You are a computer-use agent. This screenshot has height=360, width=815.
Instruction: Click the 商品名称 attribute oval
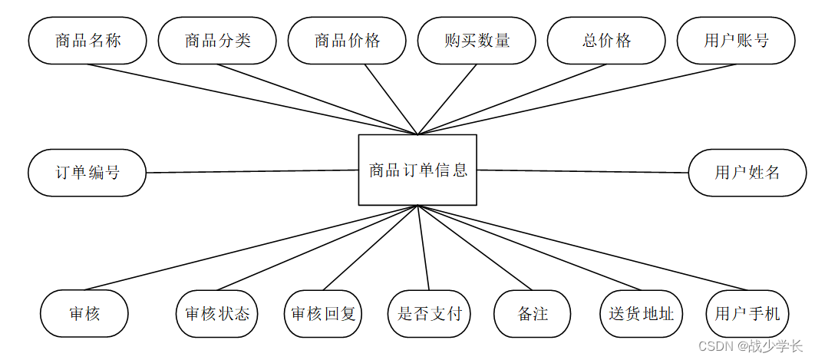pyautogui.click(x=87, y=41)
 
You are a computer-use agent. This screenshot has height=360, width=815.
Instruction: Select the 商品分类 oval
pyautogui.click(x=217, y=41)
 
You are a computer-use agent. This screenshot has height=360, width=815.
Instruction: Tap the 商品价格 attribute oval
pyautogui.click(x=347, y=41)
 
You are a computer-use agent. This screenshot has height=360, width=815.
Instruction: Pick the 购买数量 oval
pyautogui.click(x=477, y=41)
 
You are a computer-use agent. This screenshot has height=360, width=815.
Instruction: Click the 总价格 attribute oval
pyautogui.click(x=606, y=41)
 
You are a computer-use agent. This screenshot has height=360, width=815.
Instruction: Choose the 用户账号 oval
pyautogui.click(x=736, y=41)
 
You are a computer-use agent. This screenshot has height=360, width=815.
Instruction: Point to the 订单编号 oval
pyautogui.click(x=87, y=173)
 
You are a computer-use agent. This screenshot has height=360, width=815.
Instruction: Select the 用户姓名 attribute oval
pyautogui.click(x=747, y=173)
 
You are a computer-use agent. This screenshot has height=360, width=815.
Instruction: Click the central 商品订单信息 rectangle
pyautogui.click(x=417, y=170)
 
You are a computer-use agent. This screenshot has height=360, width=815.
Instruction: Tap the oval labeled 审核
pyautogui.click(x=84, y=314)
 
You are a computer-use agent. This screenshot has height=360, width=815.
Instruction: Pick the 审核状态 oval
pyautogui.click(x=217, y=314)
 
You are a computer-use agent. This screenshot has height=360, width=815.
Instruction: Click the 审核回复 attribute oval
pyautogui.click(x=323, y=314)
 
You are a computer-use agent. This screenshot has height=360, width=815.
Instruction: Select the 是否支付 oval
pyautogui.click(x=430, y=314)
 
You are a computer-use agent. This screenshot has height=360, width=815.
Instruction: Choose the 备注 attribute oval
pyautogui.click(x=533, y=314)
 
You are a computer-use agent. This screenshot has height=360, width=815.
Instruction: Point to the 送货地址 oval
pyautogui.click(x=641, y=314)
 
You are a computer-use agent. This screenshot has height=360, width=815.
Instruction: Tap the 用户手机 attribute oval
pyautogui.click(x=747, y=314)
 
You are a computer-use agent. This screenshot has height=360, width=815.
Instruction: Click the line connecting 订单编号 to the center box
pyautogui.click(x=253, y=171)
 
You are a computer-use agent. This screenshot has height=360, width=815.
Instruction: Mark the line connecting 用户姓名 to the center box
pyautogui.click(x=583, y=172)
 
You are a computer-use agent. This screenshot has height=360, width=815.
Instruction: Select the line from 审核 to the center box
pyautogui.click(x=253, y=248)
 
